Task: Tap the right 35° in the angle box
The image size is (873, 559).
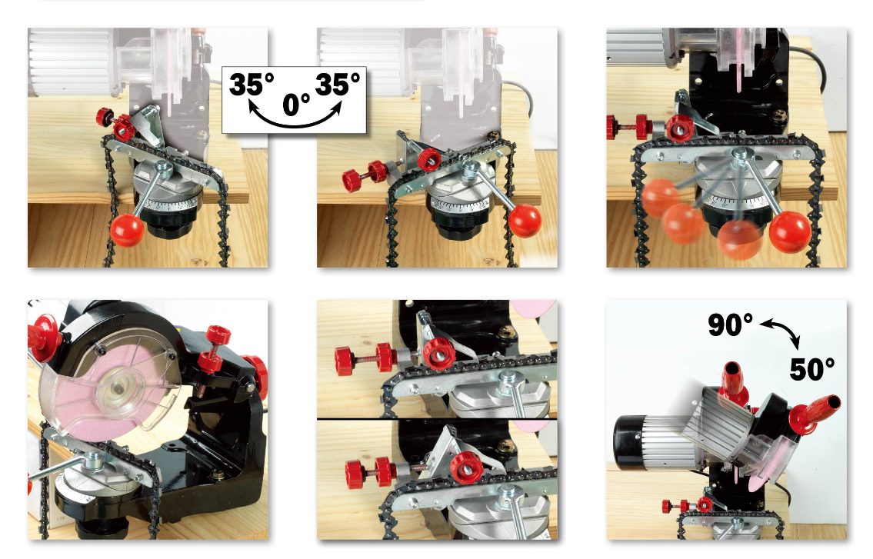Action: point(338,84)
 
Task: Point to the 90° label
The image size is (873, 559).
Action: point(730,325)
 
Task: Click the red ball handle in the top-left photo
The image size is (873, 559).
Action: point(128,230)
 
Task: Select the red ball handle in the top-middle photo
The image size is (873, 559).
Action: point(526,221)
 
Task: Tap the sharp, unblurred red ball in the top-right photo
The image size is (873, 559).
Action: point(790,231)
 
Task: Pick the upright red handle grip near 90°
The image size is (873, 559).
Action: point(731,381)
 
